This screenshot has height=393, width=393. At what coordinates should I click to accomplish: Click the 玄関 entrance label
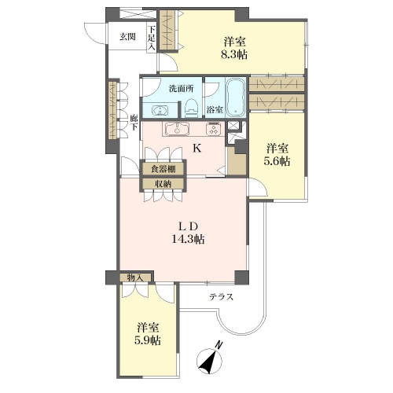(x=127, y=37)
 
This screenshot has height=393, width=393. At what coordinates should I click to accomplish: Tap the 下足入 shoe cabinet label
(x=152, y=38)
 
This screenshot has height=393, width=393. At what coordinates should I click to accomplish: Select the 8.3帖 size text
(x=234, y=55)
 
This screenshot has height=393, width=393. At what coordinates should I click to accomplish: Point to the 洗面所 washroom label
(x=182, y=89)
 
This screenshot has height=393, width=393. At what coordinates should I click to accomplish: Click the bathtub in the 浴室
(x=236, y=97)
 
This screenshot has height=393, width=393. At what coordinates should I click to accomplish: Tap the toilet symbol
(x=191, y=108)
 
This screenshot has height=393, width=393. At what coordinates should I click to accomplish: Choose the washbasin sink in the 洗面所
(x=160, y=111)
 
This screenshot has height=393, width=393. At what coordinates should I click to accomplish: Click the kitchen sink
(x=178, y=129)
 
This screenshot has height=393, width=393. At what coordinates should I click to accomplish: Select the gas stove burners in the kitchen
(x=214, y=129)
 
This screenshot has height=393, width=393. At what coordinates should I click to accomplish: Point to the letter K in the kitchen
(x=197, y=149)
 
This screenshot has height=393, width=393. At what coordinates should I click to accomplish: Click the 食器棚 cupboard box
(x=163, y=169)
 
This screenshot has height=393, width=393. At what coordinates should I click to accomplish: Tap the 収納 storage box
(x=163, y=184)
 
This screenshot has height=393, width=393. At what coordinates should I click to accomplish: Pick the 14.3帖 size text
(x=188, y=240)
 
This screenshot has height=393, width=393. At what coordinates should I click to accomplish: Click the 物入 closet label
(x=135, y=278)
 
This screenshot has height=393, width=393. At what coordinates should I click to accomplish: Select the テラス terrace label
(x=221, y=297)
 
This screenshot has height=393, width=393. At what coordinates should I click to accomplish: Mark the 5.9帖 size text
(x=148, y=341)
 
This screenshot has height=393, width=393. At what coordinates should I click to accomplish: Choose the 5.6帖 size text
(x=277, y=162)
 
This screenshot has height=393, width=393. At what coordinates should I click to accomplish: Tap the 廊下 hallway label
(x=134, y=123)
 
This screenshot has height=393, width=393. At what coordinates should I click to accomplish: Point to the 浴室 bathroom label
(x=215, y=109)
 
